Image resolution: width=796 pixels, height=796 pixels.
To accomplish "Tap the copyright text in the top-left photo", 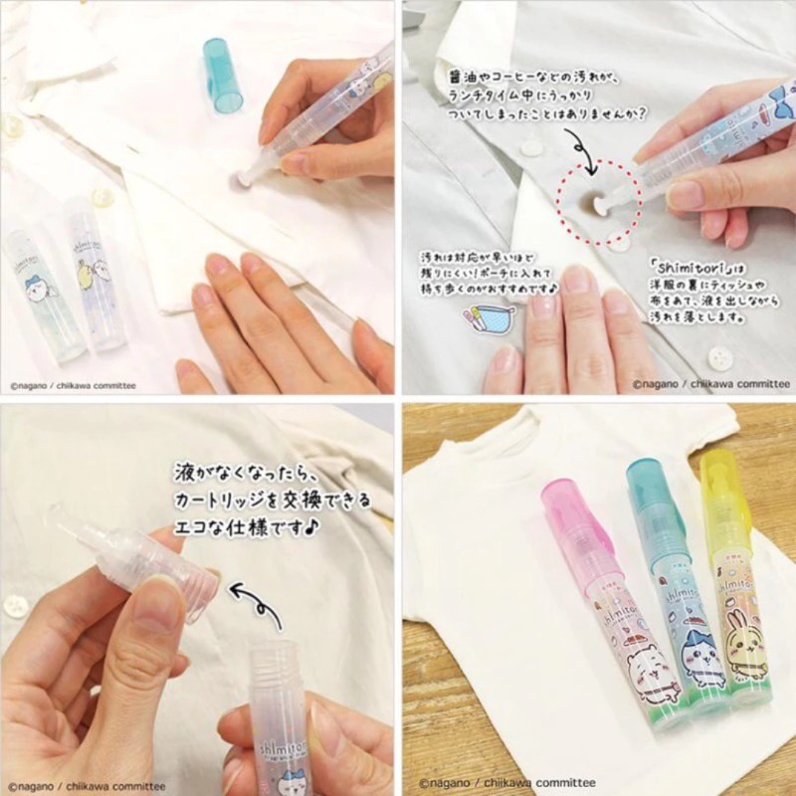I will click(72, 379).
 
